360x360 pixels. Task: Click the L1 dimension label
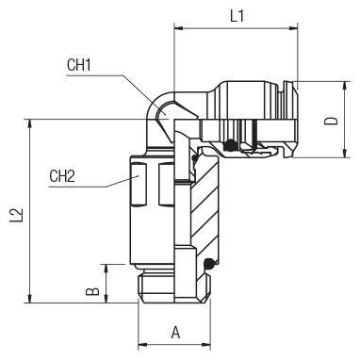coord(237,16)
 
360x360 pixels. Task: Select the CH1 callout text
coord(79,65)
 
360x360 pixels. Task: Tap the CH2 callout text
coord(62,176)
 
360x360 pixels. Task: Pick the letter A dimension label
coord(175,333)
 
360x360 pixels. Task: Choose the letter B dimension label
coord(92,291)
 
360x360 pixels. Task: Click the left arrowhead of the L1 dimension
coord(178,28)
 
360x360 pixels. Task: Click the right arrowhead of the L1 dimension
coord(293,28)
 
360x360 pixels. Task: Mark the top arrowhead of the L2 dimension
coord(30,123)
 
